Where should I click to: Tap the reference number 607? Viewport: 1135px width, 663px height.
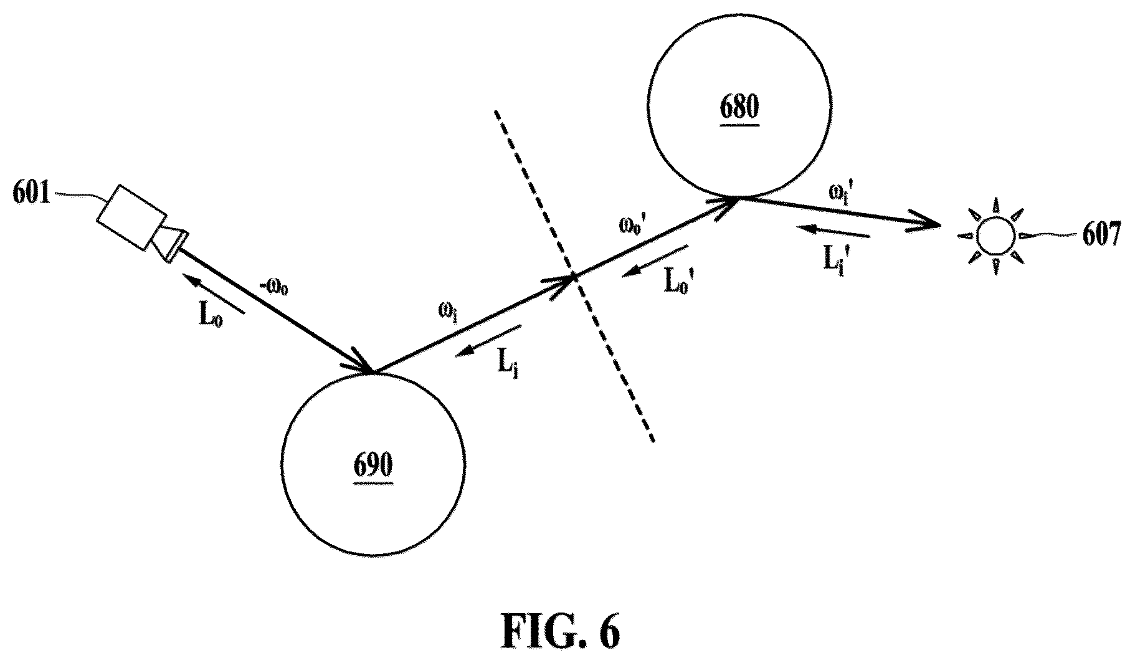point(1101,236)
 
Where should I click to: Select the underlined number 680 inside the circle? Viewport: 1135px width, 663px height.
point(739,108)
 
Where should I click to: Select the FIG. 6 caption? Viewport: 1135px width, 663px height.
point(561,632)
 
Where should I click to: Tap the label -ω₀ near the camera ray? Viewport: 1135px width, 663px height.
point(274,289)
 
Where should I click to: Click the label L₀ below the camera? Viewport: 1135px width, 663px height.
point(211,316)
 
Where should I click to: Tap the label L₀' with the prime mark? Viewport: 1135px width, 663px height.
point(679,282)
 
